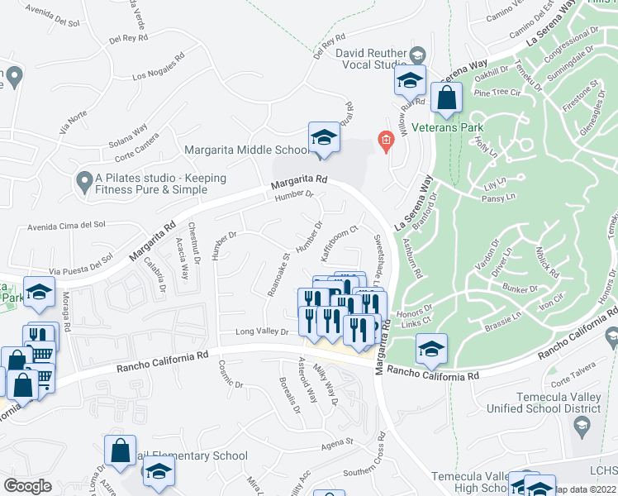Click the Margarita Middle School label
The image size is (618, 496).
tap(246, 150)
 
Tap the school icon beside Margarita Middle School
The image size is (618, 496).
tap(325, 139)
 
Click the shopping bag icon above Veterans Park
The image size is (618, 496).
tap(446, 98)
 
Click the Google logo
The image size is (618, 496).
tap(27, 486)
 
